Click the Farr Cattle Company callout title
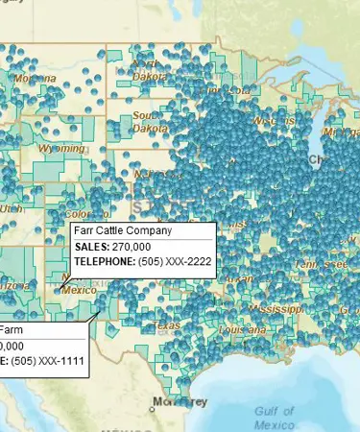click(x=122, y=231)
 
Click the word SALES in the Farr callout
click(x=92, y=247)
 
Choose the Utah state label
click(x=11, y=207)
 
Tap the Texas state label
click(x=169, y=325)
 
